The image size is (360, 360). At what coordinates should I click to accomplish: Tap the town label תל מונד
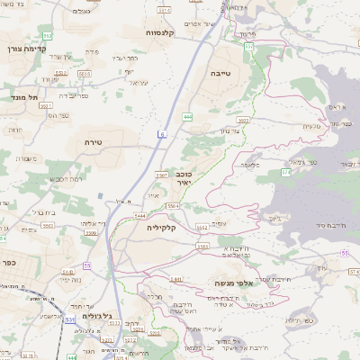pos(20,97)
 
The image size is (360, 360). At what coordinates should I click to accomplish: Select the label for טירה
pos(94,141)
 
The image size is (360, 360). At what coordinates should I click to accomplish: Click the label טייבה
pos(220,71)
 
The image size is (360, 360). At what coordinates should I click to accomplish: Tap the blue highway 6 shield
pos(163,134)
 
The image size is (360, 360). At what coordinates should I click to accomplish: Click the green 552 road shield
pos(48,35)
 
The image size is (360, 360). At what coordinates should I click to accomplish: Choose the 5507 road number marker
pos(163,174)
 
